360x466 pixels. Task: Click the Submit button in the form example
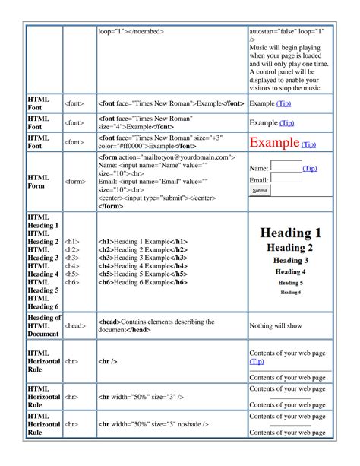pos(260,191)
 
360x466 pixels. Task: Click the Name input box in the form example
pos(286,166)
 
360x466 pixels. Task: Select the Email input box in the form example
pos(285,179)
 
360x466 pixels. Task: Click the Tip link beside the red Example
pos(309,144)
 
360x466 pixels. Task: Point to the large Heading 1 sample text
pos(289,233)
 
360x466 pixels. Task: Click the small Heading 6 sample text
pos(290,291)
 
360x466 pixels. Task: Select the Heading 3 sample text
pos(289,260)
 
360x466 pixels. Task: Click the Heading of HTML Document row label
pos(43,325)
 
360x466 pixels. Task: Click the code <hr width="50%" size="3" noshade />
pos(152,424)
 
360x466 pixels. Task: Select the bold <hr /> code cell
pos(107,362)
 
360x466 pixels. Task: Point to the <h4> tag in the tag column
pos(72,266)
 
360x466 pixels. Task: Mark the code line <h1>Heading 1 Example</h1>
pos(143,241)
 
